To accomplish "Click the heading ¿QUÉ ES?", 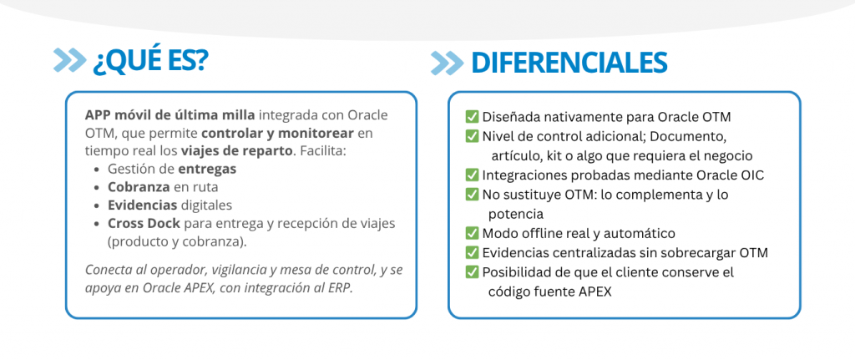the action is pyautogui.click(x=150, y=60).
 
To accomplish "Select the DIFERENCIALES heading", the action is pyautogui.click(x=569, y=63).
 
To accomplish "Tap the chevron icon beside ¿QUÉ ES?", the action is pyautogui.click(x=70, y=60).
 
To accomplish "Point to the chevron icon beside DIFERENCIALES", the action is pyautogui.click(x=448, y=63).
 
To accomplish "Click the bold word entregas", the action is pyautogui.click(x=207, y=170).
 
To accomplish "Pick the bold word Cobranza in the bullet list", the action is pyautogui.click(x=139, y=187).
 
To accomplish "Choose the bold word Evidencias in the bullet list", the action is pyautogui.click(x=143, y=205).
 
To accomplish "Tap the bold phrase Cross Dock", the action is pyautogui.click(x=144, y=223).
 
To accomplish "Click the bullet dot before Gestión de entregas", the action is pyautogui.click(x=97, y=170).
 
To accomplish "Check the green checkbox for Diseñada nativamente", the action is pyautogui.click(x=472, y=117).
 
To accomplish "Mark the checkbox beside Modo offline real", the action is pyautogui.click(x=472, y=233).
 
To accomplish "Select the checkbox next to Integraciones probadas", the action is pyautogui.click(x=472, y=175).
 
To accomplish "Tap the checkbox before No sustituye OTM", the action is pyautogui.click(x=472, y=195).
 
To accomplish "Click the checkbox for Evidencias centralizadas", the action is pyautogui.click(x=472, y=253).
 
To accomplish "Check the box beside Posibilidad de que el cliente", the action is pyautogui.click(x=472, y=272).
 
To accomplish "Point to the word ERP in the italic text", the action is pyautogui.click(x=341, y=288).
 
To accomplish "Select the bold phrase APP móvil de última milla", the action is pyautogui.click(x=169, y=115).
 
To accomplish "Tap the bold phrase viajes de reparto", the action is pyautogui.click(x=236, y=151).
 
